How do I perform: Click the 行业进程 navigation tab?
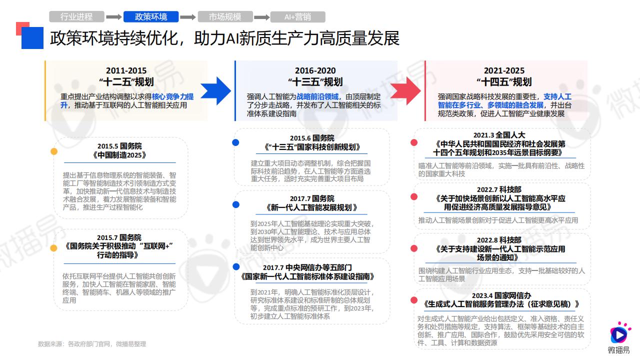pos(76,17)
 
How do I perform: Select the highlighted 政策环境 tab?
pos(151,17)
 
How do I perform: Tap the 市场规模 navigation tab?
pos(225,17)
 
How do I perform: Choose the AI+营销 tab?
pos(297,17)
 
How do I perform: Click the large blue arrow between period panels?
pos(216,91)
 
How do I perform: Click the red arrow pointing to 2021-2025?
pos(405,91)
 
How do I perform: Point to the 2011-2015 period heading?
pos(126,70)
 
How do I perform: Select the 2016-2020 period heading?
pos(315,70)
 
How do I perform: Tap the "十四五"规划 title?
pos(504,82)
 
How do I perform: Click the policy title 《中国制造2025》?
pos(119,155)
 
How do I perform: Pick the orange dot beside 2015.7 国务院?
pos(53,248)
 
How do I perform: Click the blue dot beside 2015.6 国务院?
pos(235,142)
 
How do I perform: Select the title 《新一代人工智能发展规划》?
pos(311,207)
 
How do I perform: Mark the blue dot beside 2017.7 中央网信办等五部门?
pos(236,266)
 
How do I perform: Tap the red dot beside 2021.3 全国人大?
pos(414,142)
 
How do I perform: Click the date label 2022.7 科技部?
pos(499,189)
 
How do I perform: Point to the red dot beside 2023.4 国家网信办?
pos(414,300)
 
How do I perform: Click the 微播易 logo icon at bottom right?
pos(619,333)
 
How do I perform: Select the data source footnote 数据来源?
pos(92,344)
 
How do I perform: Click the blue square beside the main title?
pos(32,38)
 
